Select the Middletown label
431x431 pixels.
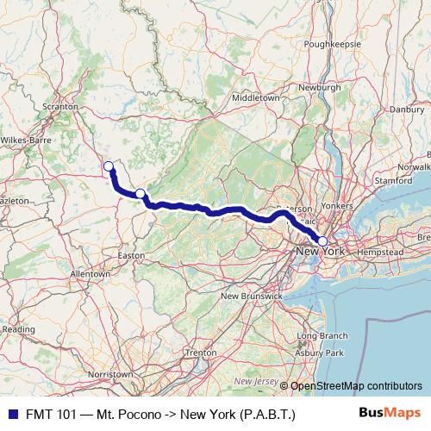[256, 98]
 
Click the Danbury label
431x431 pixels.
[407, 109]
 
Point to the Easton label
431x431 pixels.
[131, 255]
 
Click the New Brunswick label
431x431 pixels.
[252, 296]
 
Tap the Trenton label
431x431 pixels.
[200, 353]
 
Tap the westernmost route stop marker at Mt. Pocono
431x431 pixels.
[109, 166]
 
